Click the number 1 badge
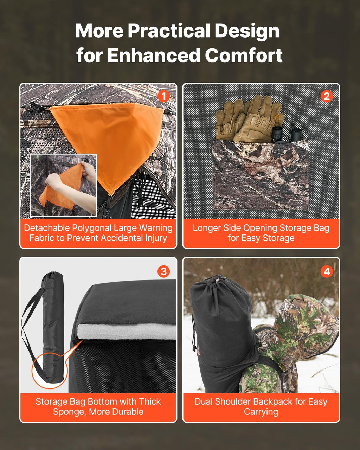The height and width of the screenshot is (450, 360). click(x=163, y=96)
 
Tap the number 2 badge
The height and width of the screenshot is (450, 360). click(x=327, y=96)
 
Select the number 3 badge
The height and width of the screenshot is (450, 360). click(x=163, y=272)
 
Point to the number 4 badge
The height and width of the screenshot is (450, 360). click(x=327, y=272)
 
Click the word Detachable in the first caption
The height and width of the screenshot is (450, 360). click(x=47, y=228)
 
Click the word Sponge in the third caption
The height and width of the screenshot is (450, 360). click(x=69, y=412)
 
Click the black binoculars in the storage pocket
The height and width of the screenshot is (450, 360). click(x=287, y=135)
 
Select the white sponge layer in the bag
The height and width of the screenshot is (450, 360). click(x=127, y=332)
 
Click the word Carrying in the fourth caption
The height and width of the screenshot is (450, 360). click(x=261, y=412)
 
